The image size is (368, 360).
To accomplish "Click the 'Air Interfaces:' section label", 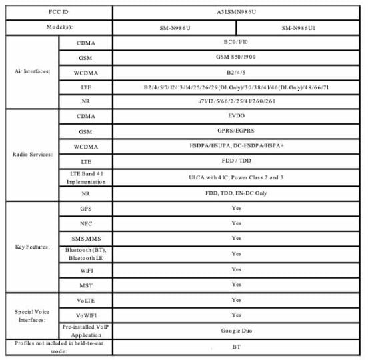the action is coord(29,71).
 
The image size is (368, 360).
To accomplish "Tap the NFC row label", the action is coord(85,223).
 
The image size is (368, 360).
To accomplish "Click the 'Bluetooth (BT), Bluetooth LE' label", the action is coord(85,254).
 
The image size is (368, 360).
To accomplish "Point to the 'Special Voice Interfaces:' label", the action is coord(29,315).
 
